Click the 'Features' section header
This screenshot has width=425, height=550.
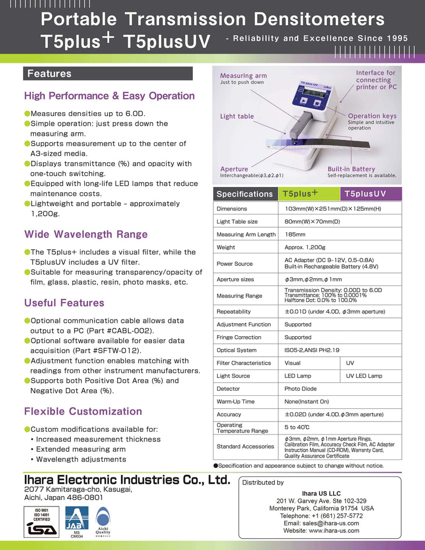tap(49, 74)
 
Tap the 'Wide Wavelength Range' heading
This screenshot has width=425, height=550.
tap(85, 234)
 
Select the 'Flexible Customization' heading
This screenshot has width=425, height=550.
tap(83, 411)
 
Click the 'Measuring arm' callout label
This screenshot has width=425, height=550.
tap(243, 76)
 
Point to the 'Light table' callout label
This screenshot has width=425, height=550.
tap(237, 116)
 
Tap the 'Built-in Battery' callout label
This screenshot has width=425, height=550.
tap(351, 169)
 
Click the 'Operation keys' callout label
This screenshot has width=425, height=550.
tap(372, 116)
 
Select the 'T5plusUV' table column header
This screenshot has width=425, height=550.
tap(365, 194)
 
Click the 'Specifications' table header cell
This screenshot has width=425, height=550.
tap(244, 194)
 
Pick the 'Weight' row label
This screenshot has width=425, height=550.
tap(226, 247)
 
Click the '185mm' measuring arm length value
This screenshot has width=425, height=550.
tap(295, 234)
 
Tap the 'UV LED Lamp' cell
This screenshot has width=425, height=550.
tap(364, 375)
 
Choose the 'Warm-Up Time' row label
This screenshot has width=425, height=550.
tap(235, 401)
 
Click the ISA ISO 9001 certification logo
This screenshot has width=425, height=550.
tap(41, 521)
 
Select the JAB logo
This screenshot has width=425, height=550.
tap(76, 519)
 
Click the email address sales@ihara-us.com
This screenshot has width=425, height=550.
tap(321, 523)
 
